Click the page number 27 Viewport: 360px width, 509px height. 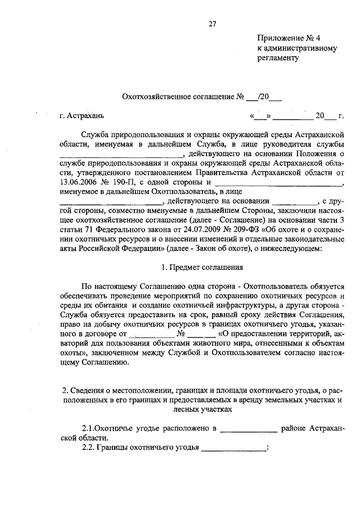pyautogui.click(x=211, y=24)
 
